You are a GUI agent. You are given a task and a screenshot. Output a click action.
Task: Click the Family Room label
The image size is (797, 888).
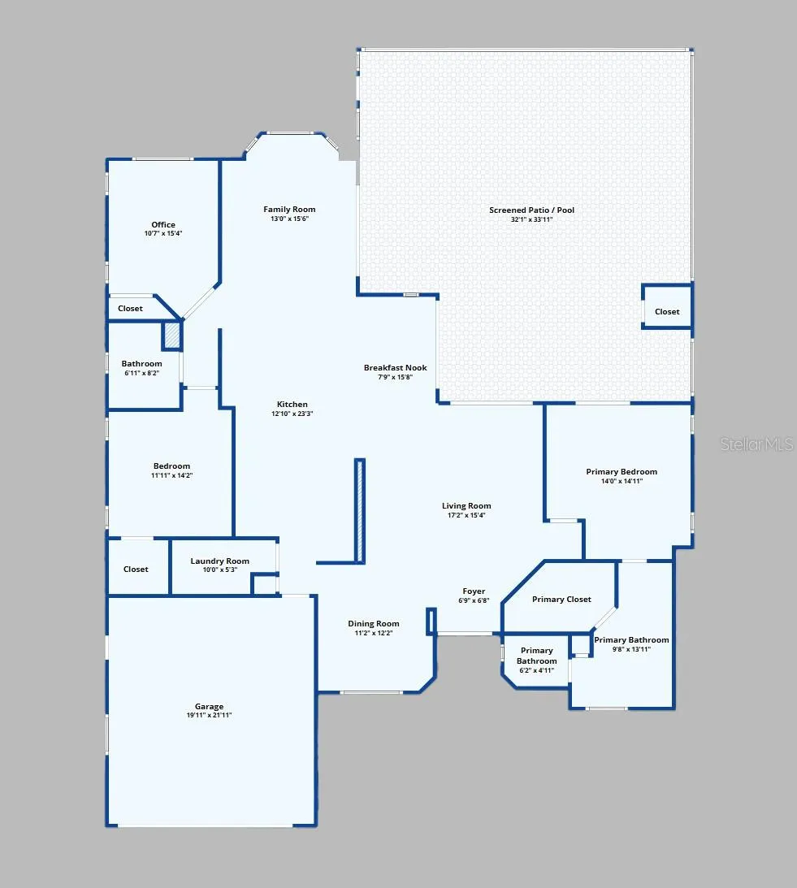[x=289, y=209]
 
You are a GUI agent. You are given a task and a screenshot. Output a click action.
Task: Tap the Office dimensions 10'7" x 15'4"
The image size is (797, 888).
[x=163, y=233]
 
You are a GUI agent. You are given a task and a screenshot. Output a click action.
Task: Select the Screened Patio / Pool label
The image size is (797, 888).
[x=532, y=210]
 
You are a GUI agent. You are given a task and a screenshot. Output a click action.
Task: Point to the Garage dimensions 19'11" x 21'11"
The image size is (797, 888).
[x=209, y=715]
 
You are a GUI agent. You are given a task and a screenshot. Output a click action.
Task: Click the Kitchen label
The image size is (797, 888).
[x=292, y=405]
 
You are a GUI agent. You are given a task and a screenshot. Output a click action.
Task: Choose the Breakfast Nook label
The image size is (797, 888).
[x=396, y=367]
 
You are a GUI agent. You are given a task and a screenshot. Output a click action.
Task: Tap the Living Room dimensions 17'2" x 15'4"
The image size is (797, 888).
[x=466, y=515]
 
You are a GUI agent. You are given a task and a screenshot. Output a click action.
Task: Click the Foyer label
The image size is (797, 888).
[x=474, y=591]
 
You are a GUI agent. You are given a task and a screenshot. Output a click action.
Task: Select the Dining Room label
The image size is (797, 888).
[x=373, y=623]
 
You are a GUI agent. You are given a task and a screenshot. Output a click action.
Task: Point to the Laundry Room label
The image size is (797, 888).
[x=220, y=561]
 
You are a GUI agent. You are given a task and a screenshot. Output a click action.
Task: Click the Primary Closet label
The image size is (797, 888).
[x=561, y=599]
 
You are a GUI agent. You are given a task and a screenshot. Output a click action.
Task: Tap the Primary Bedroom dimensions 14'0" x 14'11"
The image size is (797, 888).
[x=622, y=482]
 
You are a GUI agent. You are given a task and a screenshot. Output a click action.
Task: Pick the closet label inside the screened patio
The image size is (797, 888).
[x=667, y=311]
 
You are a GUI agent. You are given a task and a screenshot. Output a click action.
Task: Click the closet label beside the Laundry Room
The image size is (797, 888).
[x=136, y=570]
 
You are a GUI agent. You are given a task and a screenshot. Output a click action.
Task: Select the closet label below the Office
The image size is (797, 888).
[x=130, y=308]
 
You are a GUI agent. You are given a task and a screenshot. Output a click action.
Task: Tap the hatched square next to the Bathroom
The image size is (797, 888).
[x=172, y=336]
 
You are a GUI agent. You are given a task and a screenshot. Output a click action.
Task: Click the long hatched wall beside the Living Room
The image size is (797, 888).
[x=359, y=510]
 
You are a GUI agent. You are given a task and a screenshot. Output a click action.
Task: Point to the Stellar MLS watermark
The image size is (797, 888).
[x=756, y=444]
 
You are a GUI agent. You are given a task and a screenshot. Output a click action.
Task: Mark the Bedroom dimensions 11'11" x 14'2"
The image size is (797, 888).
[x=171, y=476]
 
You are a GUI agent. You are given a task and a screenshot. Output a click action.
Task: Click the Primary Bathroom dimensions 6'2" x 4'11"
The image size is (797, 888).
[x=536, y=670]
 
